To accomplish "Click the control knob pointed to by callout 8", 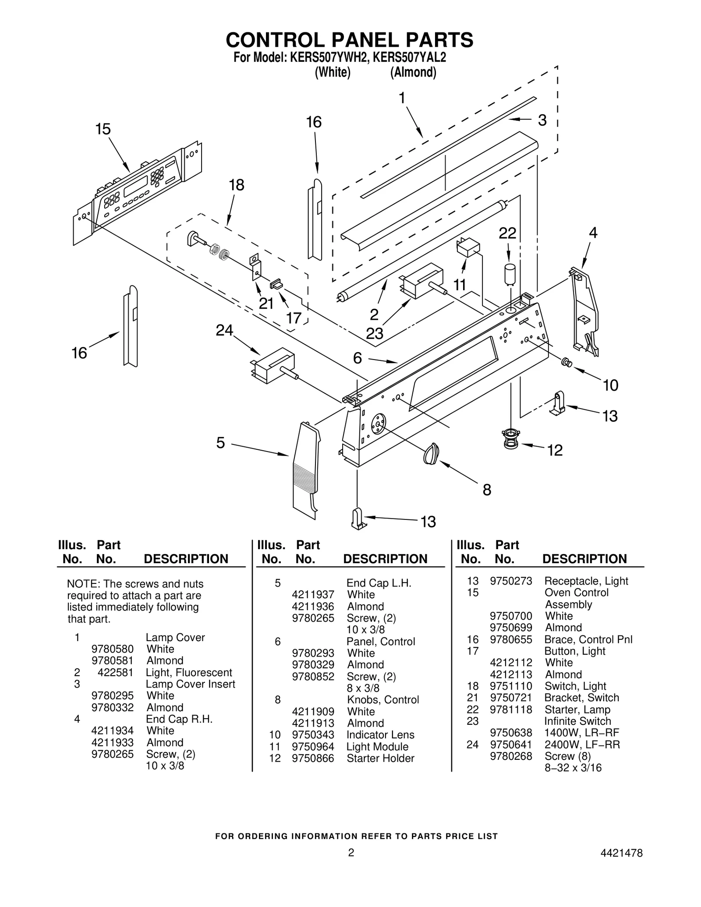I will pos(431,452).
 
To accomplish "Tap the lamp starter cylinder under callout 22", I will pos(510,275).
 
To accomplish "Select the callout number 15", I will pos(103,129).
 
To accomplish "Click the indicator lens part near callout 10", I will pos(566,362).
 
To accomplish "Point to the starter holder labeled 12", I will pos(511,438).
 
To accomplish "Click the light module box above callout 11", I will pos(467,247).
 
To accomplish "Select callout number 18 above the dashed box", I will pos(237,185).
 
